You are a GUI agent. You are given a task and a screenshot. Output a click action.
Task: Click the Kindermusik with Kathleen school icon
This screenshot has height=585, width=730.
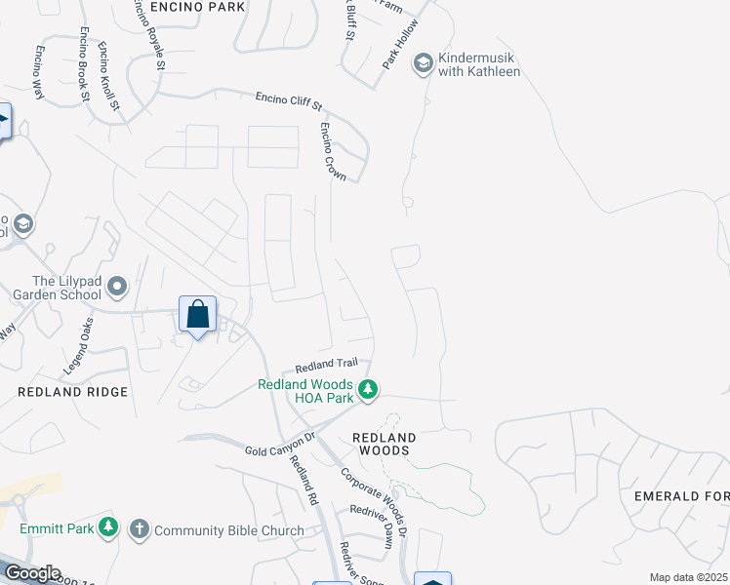pyautogui.click(x=424, y=64)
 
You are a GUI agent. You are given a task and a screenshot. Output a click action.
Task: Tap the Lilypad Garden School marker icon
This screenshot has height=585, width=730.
pyautogui.click(x=118, y=287)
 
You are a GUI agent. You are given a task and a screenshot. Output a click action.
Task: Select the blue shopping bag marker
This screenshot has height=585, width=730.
pyautogui.click(x=197, y=315)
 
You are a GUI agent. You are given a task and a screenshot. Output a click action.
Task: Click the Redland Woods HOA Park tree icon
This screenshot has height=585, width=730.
pyautogui.click(x=367, y=390)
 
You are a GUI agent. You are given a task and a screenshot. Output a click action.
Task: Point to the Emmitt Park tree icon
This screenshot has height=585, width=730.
pyautogui.click(x=108, y=527)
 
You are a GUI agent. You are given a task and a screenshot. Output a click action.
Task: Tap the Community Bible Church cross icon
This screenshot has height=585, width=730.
pyautogui.click(x=139, y=529)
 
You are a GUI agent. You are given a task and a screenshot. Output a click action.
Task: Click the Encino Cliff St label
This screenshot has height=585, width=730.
pyautogui.click(x=288, y=101)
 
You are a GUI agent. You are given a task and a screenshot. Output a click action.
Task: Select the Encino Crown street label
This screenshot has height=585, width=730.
pyautogui.click(x=333, y=150)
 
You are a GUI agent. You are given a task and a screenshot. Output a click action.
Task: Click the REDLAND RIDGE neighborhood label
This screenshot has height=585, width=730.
pyautogui.click(x=73, y=392)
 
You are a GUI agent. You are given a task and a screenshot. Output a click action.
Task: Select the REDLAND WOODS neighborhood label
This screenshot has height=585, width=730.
pyautogui.click(x=385, y=445)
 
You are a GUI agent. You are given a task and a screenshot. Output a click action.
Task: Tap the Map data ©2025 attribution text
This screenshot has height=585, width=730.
pyautogui.click(x=689, y=577)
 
